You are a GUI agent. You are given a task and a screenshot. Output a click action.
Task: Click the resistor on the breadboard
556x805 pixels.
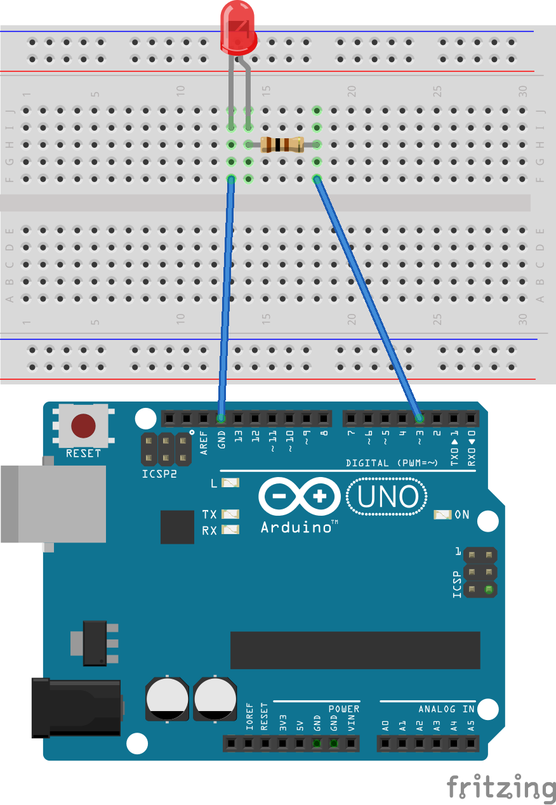(282, 145)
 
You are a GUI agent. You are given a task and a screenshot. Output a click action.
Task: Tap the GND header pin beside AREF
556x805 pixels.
(221, 418)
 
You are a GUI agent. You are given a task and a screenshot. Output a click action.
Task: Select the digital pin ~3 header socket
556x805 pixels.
(419, 418)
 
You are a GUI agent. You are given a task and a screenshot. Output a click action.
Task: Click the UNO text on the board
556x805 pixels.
(388, 496)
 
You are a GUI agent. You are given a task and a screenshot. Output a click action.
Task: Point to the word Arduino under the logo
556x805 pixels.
(296, 527)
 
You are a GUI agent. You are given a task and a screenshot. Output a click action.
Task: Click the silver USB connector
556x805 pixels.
(53, 504)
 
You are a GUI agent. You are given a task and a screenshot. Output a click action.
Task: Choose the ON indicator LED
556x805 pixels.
(442, 514)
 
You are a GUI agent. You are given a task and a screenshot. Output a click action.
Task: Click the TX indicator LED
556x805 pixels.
(230, 514)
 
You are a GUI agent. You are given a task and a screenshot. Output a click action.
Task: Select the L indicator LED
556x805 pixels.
(230, 483)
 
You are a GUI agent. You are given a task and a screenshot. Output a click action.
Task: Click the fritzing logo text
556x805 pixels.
(501, 787)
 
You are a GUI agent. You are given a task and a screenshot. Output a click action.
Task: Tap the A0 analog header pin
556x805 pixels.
(385, 743)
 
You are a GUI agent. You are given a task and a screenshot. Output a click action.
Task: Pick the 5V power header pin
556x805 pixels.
(300, 743)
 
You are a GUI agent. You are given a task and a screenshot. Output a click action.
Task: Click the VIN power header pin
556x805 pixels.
(351, 743)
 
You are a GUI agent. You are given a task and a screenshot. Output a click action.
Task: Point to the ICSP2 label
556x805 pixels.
(159, 474)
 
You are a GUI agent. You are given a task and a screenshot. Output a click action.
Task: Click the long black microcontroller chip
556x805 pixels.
(355, 650)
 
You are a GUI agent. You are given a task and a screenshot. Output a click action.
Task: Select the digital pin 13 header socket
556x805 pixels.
(238, 418)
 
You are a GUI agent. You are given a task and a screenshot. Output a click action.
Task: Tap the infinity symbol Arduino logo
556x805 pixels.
(299, 496)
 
